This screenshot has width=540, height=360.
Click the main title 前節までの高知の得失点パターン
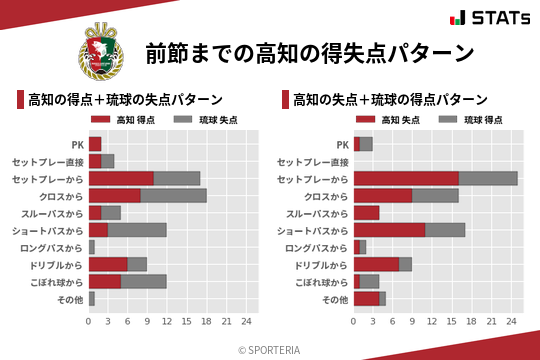[308, 54]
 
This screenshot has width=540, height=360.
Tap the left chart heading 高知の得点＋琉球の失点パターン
[125, 99]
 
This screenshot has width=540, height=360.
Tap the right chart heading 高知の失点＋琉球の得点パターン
[390, 99]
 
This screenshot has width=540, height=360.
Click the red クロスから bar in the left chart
[115, 195]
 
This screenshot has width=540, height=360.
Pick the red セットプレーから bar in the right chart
[406, 178]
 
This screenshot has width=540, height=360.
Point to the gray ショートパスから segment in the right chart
[445, 230]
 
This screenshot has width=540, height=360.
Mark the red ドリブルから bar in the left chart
[108, 264]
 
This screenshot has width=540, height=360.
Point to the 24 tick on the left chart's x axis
[246, 321]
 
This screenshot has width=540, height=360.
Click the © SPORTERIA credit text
[270, 349]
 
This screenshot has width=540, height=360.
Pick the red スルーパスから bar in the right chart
[366, 213]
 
